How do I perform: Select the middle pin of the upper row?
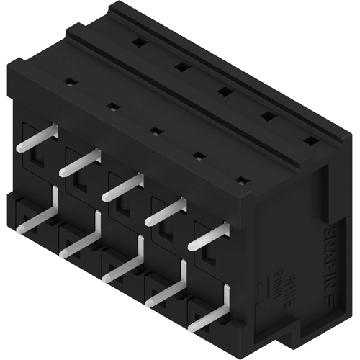coord(122,186)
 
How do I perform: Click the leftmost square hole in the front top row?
coord(71,82)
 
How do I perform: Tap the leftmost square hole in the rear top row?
coord(138,42)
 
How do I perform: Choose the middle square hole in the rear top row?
coord(224,91)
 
